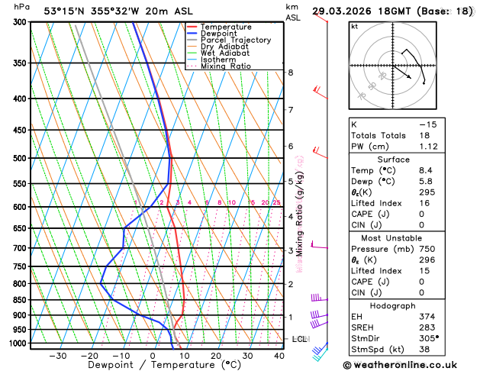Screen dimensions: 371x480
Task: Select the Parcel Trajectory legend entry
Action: [x=235, y=40]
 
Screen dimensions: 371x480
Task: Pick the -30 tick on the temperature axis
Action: [x=58, y=356]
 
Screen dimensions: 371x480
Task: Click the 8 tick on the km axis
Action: [x=290, y=73]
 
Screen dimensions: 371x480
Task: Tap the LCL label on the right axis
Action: [x=299, y=338]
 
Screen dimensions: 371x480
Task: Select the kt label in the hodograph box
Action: [x=354, y=26]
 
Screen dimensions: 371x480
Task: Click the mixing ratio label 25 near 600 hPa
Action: [x=277, y=202]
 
